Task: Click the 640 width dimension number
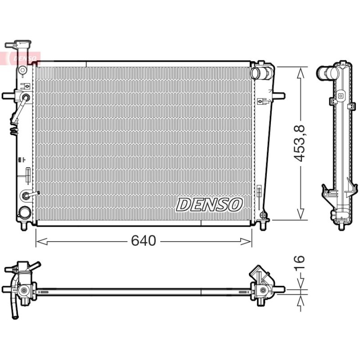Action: [144, 241]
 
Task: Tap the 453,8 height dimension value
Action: [299, 143]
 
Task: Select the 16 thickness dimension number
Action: [299, 262]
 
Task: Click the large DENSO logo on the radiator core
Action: [209, 205]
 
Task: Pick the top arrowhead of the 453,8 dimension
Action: [300, 73]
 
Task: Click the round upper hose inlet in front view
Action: [255, 73]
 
